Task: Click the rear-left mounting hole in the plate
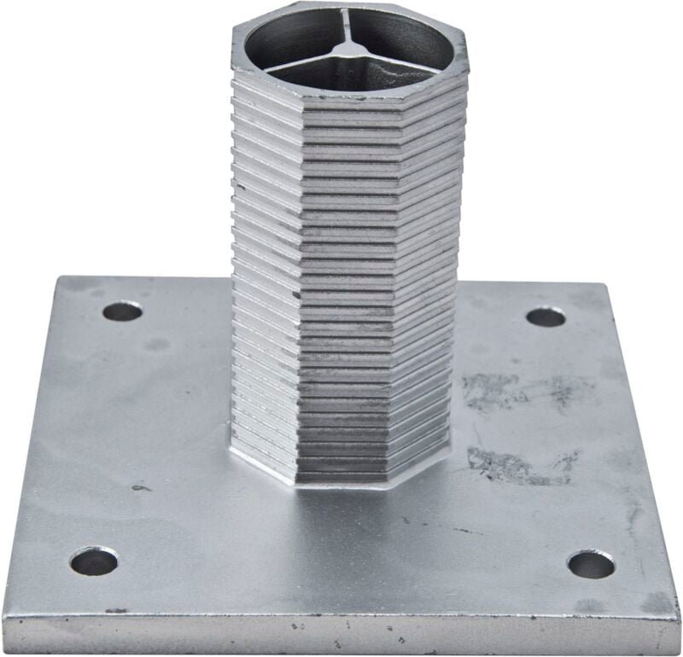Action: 122,311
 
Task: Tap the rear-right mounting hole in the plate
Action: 546,317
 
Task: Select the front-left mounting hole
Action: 94,561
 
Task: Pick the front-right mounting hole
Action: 591,564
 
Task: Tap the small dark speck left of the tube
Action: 139,488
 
